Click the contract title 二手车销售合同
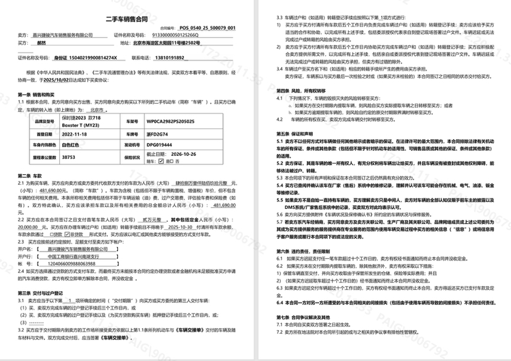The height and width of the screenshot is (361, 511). pyautogui.click(x=127, y=19)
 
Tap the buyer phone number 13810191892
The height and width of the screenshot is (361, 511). pyautogui.click(x=170, y=57)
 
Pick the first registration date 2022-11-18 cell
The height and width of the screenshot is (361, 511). pyautogui.click(x=77, y=134)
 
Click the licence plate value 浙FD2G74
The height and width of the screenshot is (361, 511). pyautogui.click(x=157, y=134)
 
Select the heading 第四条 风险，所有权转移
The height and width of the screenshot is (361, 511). pyautogui.click(x=305, y=90)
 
